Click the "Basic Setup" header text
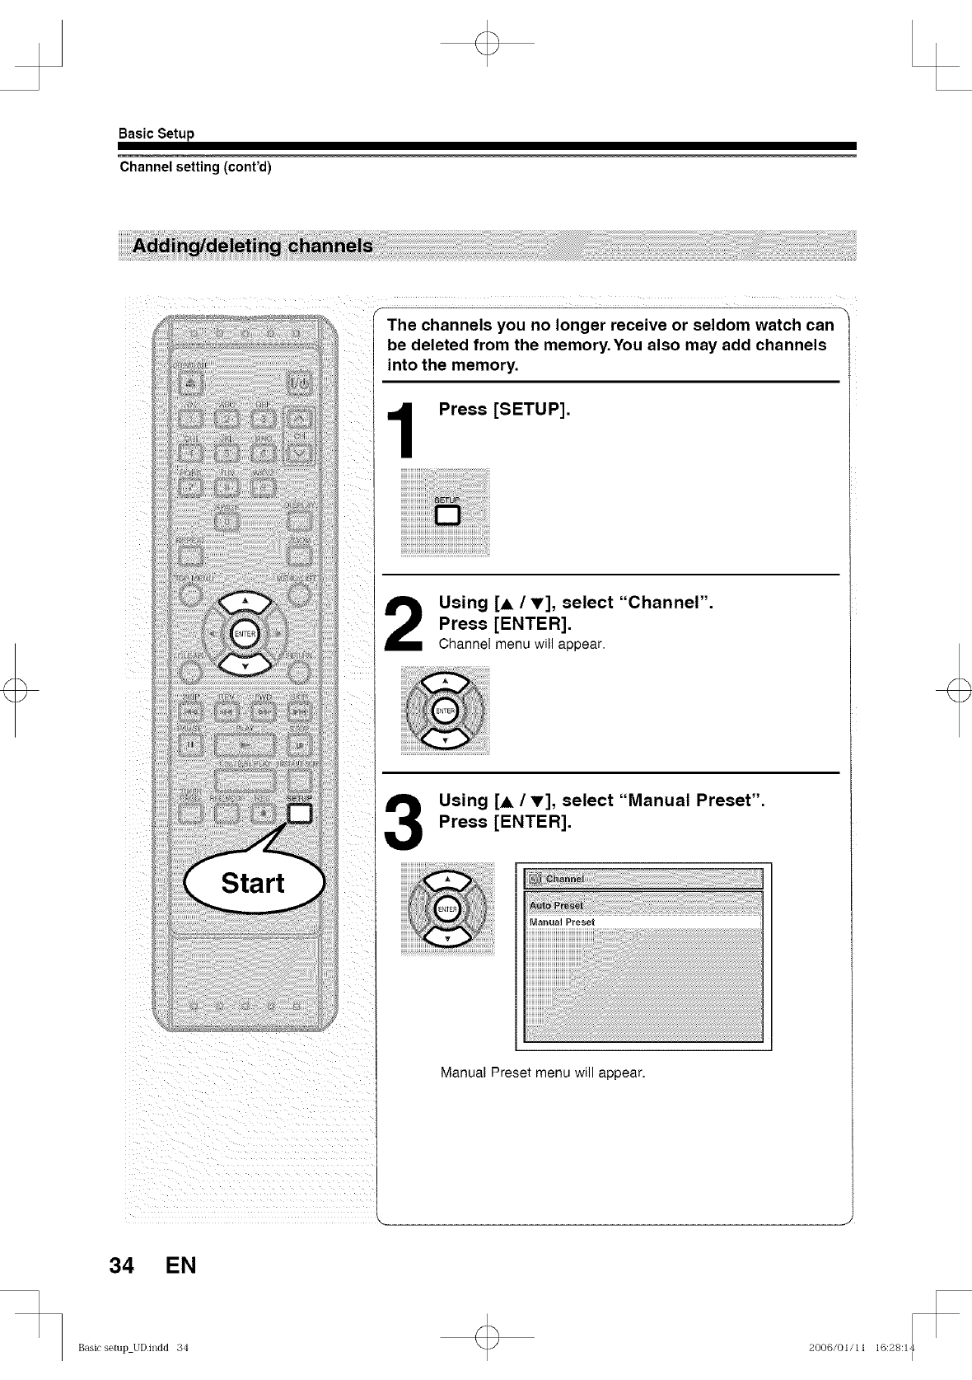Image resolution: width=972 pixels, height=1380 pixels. [x=157, y=134]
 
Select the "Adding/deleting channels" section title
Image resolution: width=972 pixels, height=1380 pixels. [x=253, y=246]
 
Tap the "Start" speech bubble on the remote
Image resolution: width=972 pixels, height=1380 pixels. [x=254, y=883]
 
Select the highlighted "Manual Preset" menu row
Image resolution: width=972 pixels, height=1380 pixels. [x=643, y=922]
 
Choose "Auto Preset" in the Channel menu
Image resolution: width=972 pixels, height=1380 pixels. [x=556, y=906]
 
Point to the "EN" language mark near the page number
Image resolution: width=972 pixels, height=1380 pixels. [x=180, y=1265]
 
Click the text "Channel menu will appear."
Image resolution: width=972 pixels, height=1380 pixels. [x=521, y=644]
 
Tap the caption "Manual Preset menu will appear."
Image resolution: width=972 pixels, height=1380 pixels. [x=543, y=1073]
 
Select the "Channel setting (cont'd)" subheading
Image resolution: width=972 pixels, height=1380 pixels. [x=195, y=167]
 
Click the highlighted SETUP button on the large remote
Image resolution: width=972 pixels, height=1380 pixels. [x=298, y=814]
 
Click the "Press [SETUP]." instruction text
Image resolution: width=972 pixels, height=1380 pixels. [x=504, y=410]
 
